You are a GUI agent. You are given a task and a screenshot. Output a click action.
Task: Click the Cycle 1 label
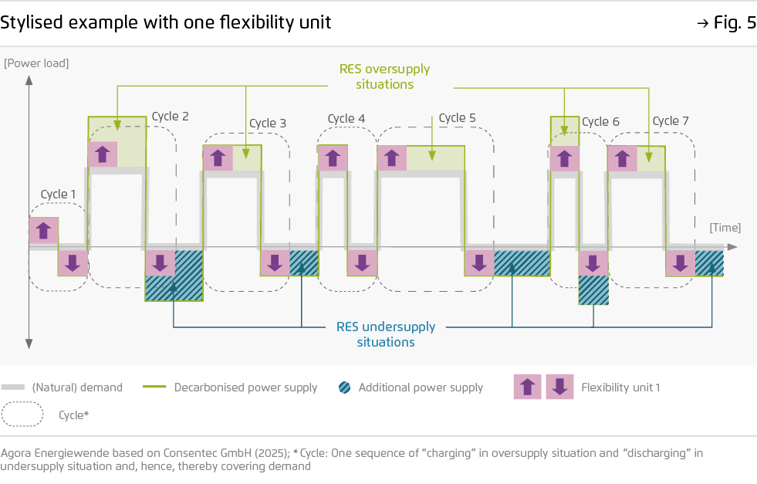[58, 195]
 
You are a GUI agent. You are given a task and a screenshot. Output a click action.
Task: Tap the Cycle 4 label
[346, 119]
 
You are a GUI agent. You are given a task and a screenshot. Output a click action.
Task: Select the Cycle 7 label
[671, 120]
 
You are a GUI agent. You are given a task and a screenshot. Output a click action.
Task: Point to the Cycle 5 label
[457, 118]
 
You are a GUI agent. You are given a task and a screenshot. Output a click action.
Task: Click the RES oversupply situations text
[385, 76]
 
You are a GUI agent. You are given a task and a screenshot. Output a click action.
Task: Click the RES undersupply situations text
[386, 334]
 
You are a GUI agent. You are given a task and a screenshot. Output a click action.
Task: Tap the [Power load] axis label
[36, 63]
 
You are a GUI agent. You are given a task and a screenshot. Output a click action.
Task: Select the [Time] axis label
[725, 228]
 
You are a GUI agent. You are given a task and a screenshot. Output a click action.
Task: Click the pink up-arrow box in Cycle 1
[43, 230]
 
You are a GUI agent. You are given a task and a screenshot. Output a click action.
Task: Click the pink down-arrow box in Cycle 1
[73, 263]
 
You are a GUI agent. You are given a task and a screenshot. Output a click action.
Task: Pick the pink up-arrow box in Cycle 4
[333, 158]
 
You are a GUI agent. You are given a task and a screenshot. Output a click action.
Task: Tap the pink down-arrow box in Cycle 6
[593, 263]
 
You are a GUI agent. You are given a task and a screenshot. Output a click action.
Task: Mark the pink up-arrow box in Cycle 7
[622, 158]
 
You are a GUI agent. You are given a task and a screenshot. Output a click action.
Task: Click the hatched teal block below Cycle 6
[593, 290]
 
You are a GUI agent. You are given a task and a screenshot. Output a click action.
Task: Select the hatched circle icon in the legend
[345, 388]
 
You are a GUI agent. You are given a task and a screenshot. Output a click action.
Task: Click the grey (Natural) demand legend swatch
[13, 388]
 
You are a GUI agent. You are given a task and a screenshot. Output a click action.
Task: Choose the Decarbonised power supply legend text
[245, 388]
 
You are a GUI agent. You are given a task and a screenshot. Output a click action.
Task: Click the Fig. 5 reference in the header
[727, 22]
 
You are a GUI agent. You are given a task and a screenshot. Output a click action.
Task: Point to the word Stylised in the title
[32, 22]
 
